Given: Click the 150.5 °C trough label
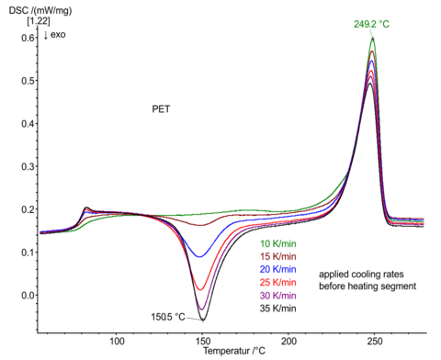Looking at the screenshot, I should [x=174, y=317].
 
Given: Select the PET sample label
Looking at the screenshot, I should [x=162, y=107].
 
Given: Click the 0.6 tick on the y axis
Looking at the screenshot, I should [x=27, y=38].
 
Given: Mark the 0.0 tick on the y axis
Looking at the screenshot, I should [x=27, y=296].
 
